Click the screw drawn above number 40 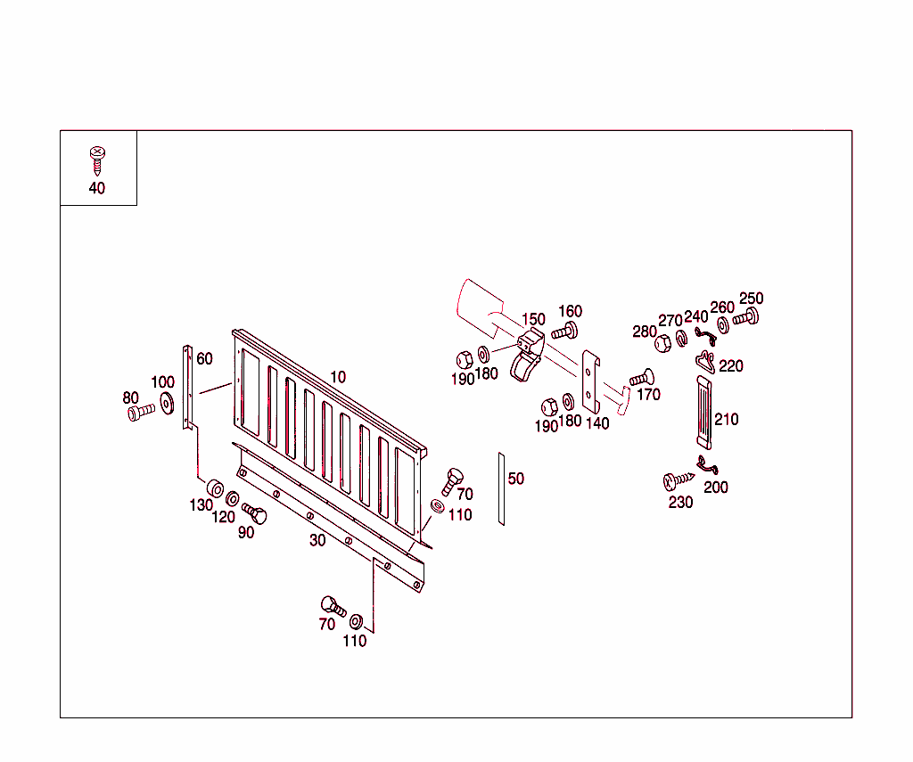coord(96,160)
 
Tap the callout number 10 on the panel coord(337,377)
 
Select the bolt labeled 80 coord(138,412)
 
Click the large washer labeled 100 coord(167,406)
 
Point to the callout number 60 coord(204,358)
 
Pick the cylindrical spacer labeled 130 coord(215,489)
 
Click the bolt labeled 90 coord(254,514)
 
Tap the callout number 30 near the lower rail coord(317,540)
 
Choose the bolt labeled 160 coord(564,332)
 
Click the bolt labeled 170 coord(641,378)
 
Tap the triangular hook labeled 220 coord(706,362)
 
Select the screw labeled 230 coord(677,482)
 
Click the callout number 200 coord(716,488)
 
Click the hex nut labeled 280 coord(662,343)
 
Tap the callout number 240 coord(695,316)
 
